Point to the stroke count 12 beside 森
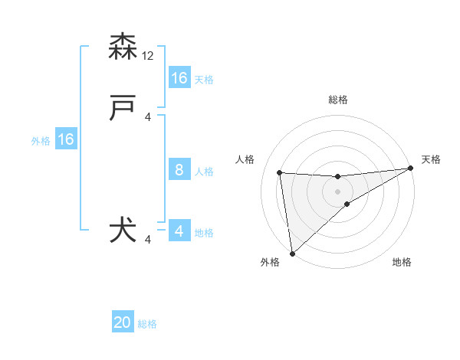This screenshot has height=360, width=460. (149, 56)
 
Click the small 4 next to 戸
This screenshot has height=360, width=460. (149, 117)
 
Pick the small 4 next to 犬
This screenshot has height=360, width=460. (149, 240)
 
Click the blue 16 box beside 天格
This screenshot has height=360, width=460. (179, 78)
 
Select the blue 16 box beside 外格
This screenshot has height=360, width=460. (66, 139)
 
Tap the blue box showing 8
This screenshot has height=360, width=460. (179, 170)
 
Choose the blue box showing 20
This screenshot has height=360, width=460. (123, 323)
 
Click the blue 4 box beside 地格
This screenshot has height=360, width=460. (179, 231)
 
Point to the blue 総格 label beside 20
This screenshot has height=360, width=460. (148, 324)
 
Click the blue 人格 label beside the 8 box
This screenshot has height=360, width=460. (204, 172)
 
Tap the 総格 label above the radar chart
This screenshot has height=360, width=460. (337, 100)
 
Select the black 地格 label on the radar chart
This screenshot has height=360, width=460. (402, 263)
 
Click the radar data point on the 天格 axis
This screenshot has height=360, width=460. (410, 169)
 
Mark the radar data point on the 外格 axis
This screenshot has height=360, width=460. (292, 253)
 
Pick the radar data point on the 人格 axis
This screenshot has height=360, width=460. (279, 172)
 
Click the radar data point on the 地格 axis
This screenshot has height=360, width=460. (347, 204)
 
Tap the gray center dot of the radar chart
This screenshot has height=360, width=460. (337, 191)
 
